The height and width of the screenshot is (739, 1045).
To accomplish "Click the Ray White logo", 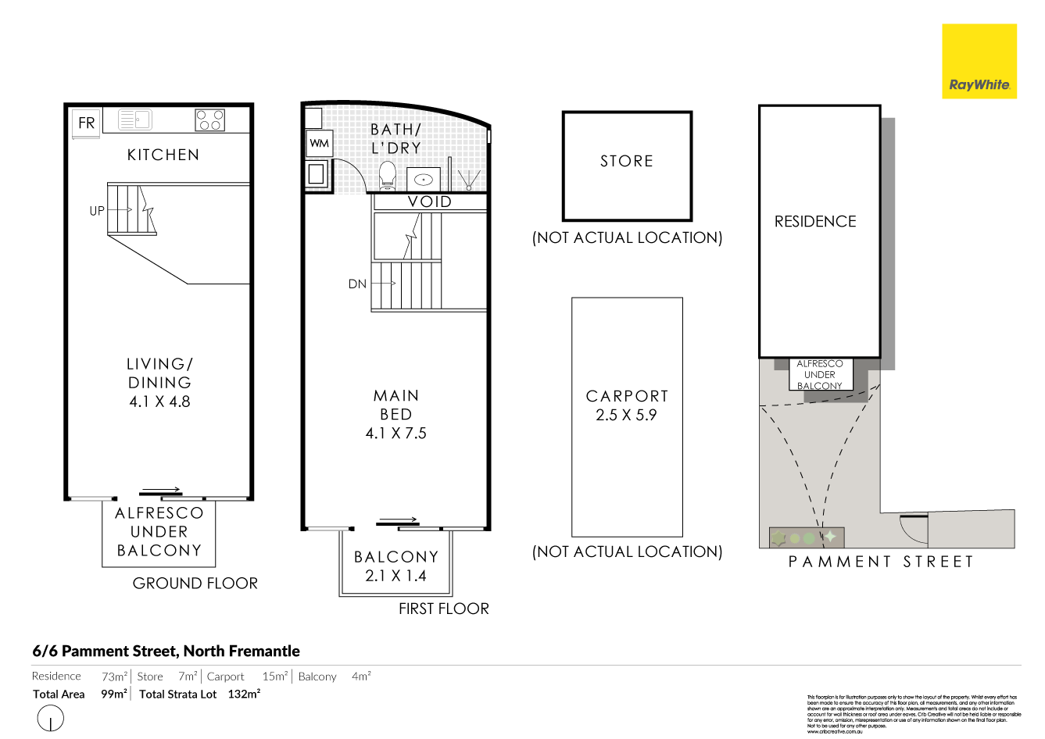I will point(979,62).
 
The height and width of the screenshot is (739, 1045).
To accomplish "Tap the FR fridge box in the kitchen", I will point(86,123).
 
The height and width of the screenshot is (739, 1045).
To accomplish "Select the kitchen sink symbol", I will point(134,120).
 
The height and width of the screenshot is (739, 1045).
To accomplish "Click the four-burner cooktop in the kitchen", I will point(209,120).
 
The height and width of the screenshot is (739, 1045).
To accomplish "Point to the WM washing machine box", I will point(319,143).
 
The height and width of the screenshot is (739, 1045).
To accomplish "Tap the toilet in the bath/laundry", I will point(387,176).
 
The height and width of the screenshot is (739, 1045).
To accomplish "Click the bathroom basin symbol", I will point(423,179).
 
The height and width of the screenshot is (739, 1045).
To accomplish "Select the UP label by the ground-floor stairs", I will point(97,210).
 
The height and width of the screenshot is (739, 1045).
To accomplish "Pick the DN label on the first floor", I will point(357,284).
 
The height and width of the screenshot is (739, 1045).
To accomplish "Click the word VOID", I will point(430,202).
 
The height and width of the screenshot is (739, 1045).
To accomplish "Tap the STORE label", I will point(627,161).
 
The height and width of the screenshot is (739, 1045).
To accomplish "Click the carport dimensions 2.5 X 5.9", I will point(626,415).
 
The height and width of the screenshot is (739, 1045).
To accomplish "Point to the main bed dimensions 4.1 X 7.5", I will point(396,433).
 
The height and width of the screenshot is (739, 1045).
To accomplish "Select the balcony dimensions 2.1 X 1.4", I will point(395,576).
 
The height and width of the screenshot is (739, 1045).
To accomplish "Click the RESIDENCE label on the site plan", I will point(815,221).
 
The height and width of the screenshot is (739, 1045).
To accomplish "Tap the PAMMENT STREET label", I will point(881,562).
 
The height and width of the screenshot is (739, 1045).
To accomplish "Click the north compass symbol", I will point(50,718).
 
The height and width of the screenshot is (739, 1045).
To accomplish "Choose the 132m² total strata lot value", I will point(244,694).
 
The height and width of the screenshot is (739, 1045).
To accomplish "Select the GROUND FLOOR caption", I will point(195,583).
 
